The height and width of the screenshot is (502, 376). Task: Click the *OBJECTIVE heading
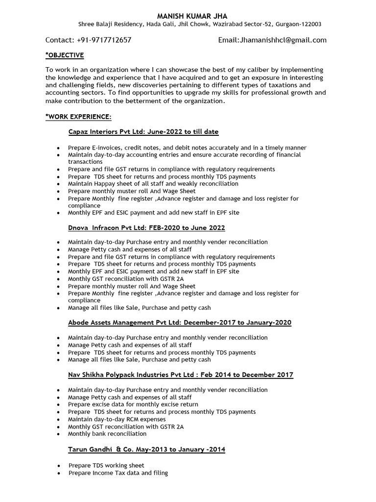click(65, 55)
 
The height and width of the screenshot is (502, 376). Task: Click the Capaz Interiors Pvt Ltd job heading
click(143, 131)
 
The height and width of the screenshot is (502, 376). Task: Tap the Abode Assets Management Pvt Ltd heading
click(180, 323)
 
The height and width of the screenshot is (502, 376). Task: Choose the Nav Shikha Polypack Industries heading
click(181, 375)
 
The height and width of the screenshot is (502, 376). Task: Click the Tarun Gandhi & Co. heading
click(146, 450)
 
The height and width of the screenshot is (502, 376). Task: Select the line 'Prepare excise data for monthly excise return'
click(133, 404)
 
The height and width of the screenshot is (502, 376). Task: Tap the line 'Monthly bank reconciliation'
click(107, 434)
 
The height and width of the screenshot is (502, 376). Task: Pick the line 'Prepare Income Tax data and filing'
click(118, 473)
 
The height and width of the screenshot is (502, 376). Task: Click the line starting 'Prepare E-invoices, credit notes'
click(187, 148)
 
